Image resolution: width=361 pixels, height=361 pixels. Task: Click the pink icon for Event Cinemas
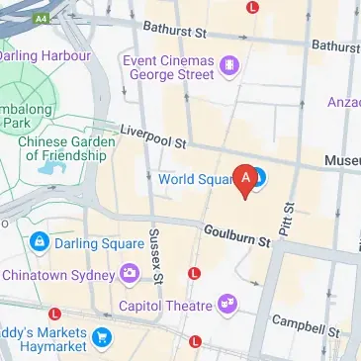click(x=229, y=66)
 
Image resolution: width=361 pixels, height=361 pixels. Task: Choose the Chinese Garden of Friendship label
click(x=66, y=147)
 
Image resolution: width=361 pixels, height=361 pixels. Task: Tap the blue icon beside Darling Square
click(x=39, y=240)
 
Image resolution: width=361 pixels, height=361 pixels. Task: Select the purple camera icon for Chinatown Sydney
click(x=129, y=273)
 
